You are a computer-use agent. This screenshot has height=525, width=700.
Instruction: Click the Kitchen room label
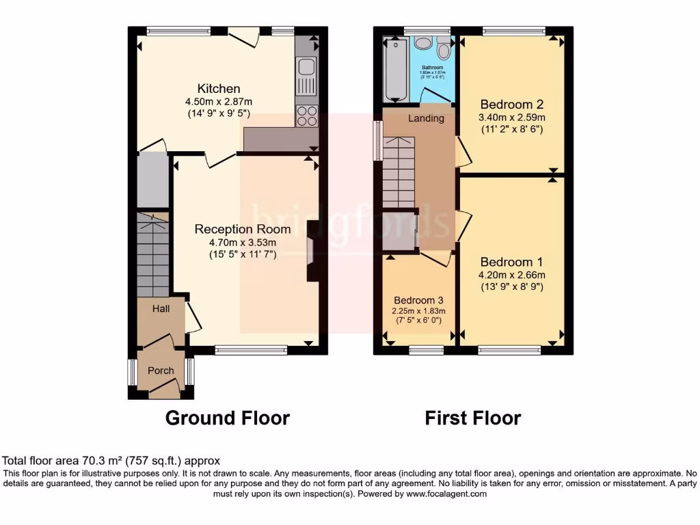[x=219, y=89]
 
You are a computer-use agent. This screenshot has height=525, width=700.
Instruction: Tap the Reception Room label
[x=243, y=229]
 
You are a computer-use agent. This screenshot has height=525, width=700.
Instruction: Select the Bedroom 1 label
[x=511, y=262]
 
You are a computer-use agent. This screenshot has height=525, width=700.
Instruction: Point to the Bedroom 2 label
[x=511, y=105]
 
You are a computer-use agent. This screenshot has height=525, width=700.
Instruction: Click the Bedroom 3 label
[x=418, y=300]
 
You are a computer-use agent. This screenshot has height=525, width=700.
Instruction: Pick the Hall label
[x=161, y=309]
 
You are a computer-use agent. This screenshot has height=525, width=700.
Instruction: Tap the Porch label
[x=161, y=371]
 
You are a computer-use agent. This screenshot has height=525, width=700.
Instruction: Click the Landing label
[x=426, y=118]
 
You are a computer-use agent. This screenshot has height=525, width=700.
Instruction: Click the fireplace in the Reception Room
[x=313, y=251]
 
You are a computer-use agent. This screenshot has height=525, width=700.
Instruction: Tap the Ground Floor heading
[x=228, y=418]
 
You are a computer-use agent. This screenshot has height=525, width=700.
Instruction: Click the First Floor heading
[x=473, y=418]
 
